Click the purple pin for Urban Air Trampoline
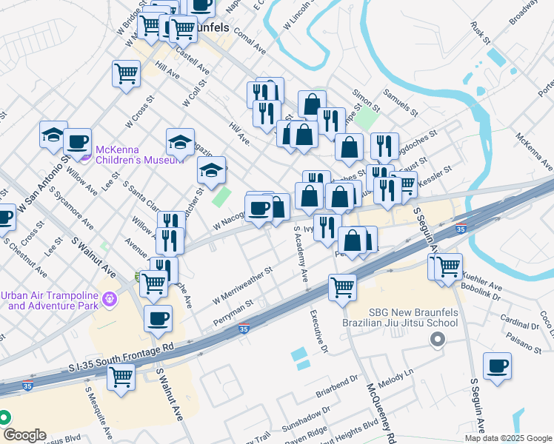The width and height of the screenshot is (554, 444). (x=109, y=299)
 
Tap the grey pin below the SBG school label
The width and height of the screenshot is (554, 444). (x=437, y=340)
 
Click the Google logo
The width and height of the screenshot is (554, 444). (x=24, y=435)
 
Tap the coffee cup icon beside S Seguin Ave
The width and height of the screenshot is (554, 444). (x=497, y=365)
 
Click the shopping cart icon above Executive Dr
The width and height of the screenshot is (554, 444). (x=341, y=286)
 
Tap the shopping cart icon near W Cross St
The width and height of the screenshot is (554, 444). (x=126, y=73)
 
